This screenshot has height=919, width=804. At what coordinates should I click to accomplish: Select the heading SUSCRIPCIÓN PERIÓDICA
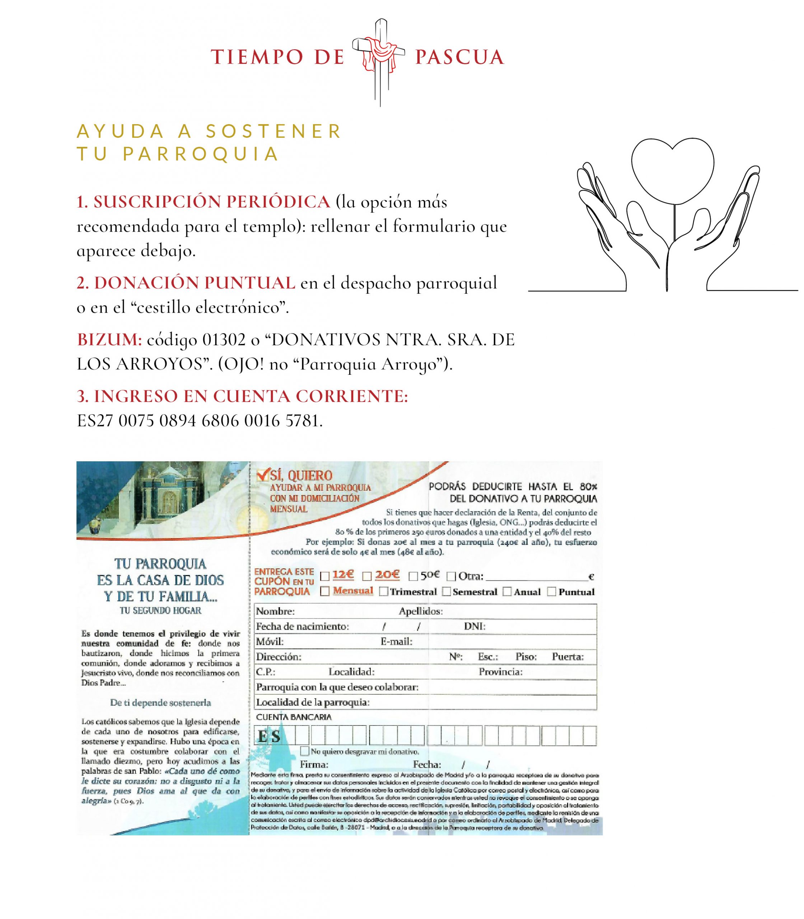click(x=203, y=202)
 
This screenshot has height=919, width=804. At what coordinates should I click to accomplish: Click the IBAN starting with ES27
click(x=199, y=421)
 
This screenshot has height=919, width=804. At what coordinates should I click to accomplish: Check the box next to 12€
click(x=324, y=576)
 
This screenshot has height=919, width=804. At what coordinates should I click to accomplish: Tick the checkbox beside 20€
click(x=367, y=576)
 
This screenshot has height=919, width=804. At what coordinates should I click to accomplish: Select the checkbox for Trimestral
click(x=384, y=592)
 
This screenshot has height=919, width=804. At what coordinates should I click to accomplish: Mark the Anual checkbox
click(x=507, y=592)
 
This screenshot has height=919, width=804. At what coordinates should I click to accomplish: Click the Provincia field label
click(x=500, y=672)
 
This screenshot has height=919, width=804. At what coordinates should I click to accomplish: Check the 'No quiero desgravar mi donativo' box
click(x=305, y=751)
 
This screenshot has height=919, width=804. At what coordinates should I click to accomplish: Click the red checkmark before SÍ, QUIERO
click(x=261, y=475)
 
